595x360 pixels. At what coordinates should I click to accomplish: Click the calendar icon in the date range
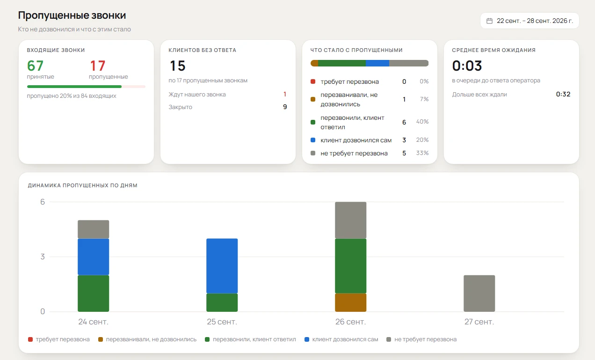[489, 21]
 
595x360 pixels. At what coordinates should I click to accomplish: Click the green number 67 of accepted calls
[36, 66]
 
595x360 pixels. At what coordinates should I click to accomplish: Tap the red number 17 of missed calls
[97, 66]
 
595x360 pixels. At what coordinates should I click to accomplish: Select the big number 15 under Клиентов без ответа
[177, 66]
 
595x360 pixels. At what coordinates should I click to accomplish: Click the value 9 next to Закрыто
[285, 107]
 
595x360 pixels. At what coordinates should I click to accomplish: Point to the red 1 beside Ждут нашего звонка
[285, 94]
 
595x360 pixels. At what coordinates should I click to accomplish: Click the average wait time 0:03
[467, 66]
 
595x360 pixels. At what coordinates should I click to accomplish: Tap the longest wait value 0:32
[563, 94]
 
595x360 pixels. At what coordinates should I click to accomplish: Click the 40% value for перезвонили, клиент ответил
[422, 122]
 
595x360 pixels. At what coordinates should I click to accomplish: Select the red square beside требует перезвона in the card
[313, 81]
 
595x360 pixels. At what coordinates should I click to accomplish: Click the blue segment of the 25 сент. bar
[222, 266]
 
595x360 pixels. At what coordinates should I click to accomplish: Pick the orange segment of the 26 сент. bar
[351, 302]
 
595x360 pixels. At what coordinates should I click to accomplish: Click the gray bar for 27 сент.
[479, 293]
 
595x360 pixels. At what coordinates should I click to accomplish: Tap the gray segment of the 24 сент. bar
[93, 229]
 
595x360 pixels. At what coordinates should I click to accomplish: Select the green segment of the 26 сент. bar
[351, 266]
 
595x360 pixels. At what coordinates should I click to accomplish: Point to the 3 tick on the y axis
[43, 257]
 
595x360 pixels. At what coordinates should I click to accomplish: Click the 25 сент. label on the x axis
[222, 322]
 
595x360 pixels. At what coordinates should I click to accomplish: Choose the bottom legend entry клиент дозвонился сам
[341, 339]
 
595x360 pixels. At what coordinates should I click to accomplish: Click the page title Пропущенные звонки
[72, 15]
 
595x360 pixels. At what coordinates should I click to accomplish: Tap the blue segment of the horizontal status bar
[377, 63]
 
